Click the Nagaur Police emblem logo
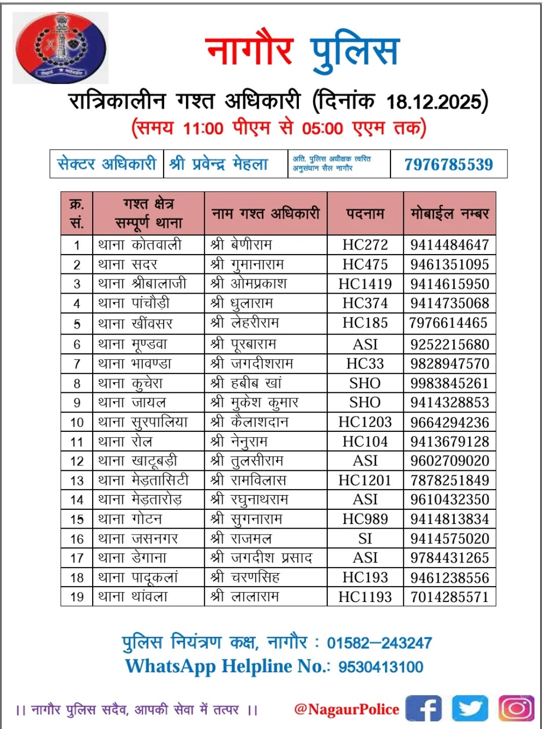point(60,48)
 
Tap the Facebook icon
point(423,708)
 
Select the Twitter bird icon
point(470,708)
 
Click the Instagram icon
point(516,708)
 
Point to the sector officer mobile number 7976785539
point(448,164)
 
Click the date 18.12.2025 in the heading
point(434,102)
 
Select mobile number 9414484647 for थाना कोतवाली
point(449,245)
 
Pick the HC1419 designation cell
point(365,284)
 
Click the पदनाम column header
point(365,214)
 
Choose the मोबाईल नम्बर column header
point(449,214)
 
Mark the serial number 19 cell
point(77,597)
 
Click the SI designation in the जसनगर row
point(365,539)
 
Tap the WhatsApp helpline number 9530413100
point(380,667)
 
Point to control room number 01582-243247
point(379,643)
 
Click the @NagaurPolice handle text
point(346,709)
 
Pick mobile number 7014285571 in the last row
point(449,597)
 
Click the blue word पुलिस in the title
point(355,52)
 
